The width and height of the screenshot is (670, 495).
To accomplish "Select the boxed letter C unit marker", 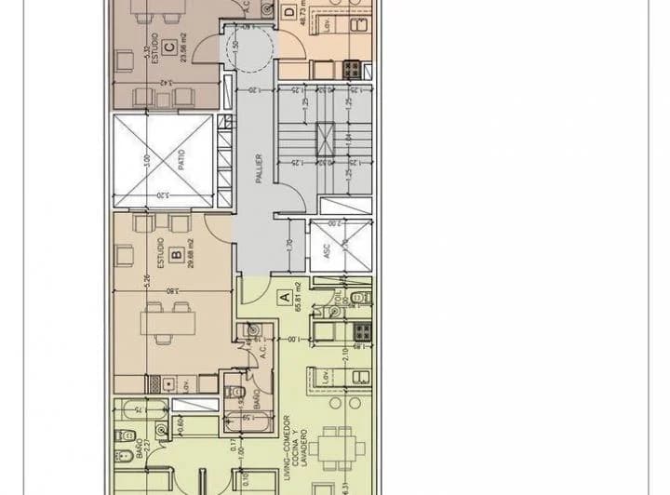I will pos(167,47).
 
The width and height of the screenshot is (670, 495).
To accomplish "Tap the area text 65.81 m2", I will pos(298,298).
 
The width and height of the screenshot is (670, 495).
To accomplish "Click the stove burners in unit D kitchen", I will pos(353,68).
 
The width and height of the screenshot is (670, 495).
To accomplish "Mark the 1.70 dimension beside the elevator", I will pos(290,247).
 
